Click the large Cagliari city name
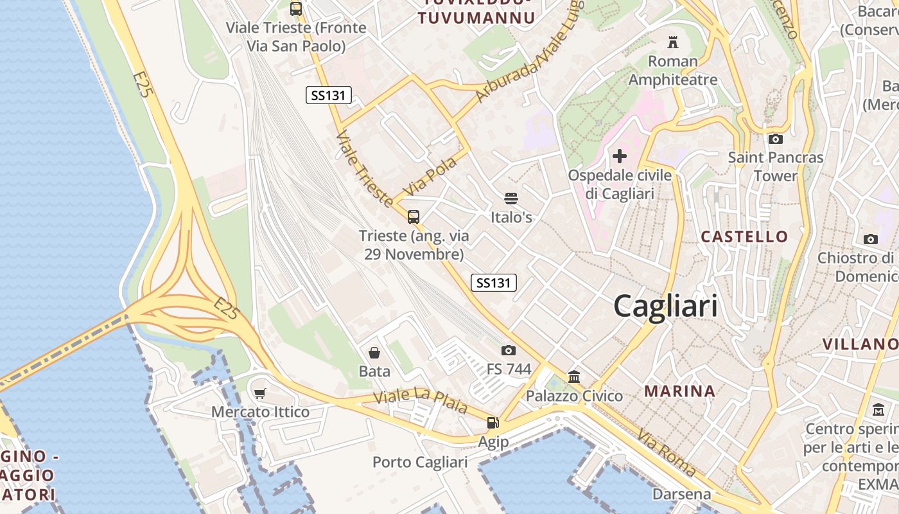pos(665,306)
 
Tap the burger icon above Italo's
pos(511,199)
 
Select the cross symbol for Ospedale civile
pos(620,156)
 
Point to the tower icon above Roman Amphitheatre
pos(673,42)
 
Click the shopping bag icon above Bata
pos(374,353)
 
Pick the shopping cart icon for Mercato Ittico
pos(260,393)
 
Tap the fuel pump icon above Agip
pos(493,423)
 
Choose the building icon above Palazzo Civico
pos(574,377)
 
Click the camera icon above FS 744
pos(509,350)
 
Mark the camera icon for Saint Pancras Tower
pos(776,139)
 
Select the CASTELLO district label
pos(744,236)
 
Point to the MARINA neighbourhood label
pos(679,391)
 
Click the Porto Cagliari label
pos(420,462)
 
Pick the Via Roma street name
pos(666,453)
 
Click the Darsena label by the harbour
pos(681,494)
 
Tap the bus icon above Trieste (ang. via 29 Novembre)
pos(414,217)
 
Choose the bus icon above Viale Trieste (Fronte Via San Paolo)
pos(296,9)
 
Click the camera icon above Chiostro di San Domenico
pos(871,239)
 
